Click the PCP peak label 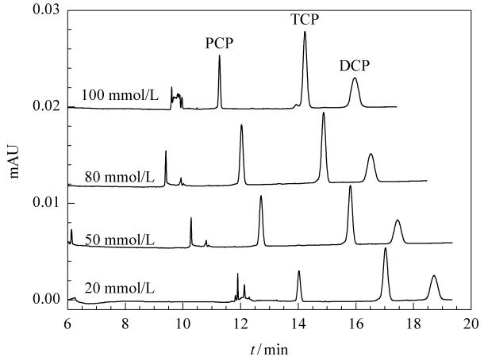point(220,43)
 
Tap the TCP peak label point(305,20)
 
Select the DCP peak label point(355,66)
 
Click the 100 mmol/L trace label point(120,95)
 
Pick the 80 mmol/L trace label point(120,178)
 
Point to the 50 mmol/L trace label point(120,239)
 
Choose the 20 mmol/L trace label point(120,289)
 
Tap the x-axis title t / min point(269,350)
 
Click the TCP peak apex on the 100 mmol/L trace point(305,32)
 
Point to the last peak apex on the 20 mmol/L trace point(434,275)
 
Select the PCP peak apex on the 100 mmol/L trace point(220,56)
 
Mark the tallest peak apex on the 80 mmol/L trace point(324,113)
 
